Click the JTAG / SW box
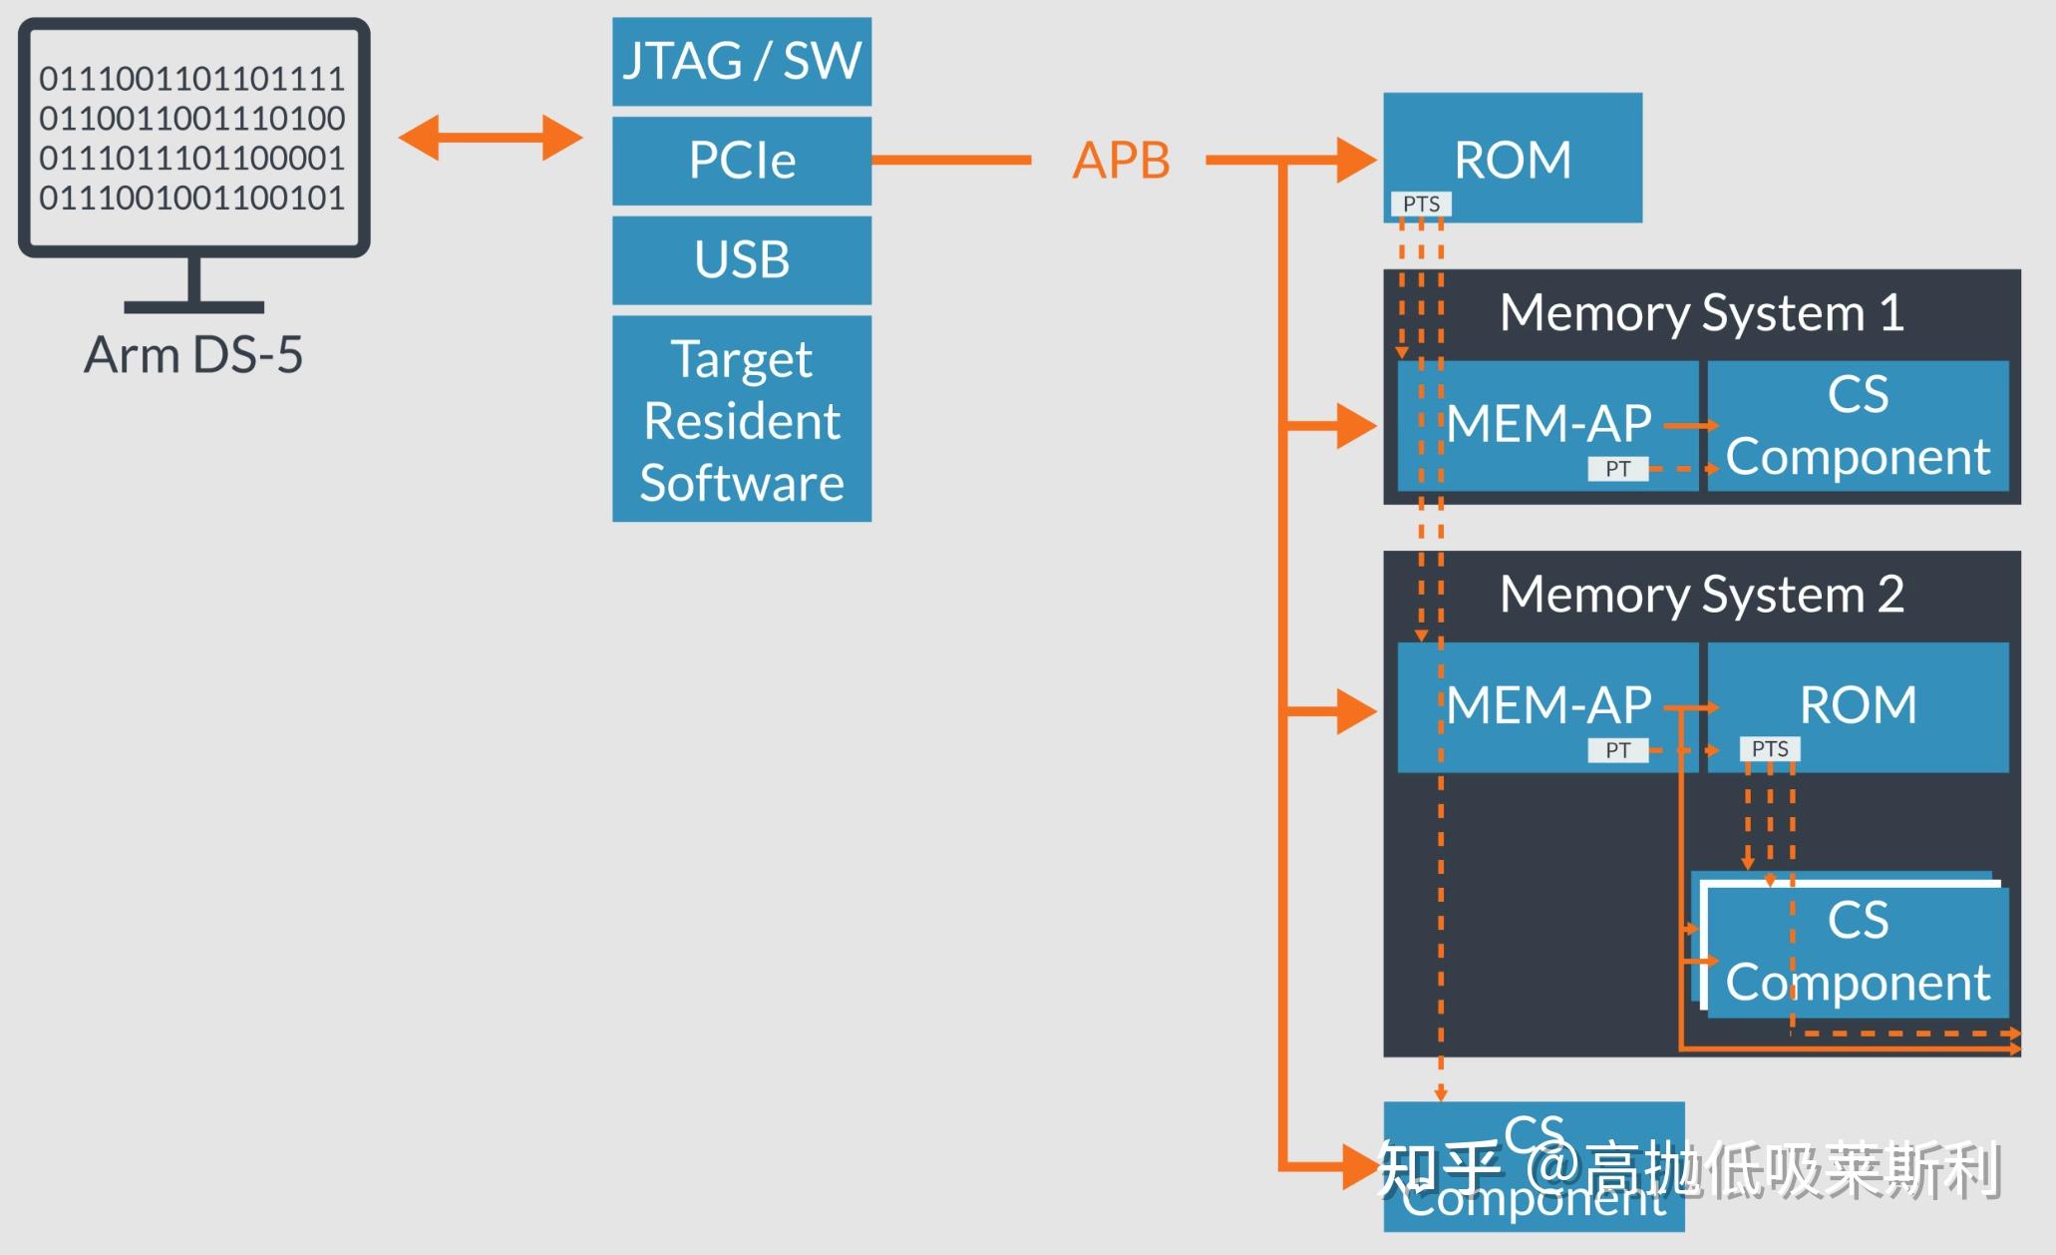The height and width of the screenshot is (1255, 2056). [741, 61]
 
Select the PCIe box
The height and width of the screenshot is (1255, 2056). [741, 161]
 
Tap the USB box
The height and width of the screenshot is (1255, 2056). [741, 259]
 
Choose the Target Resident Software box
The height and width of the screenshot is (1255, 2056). [741, 419]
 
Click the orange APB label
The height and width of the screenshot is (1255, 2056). [1121, 160]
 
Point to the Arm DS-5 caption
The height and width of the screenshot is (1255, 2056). [193, 354]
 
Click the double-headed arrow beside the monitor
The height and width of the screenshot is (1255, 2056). [490, 138]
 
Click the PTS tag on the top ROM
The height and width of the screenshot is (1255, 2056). [1421, 204]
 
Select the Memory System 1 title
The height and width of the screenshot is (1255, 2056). [1701, 313]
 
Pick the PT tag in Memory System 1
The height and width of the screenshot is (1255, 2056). [1617, 469]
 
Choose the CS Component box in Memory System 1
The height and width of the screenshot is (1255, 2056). [1857, 425]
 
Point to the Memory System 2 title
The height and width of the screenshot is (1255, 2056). [1701, 595]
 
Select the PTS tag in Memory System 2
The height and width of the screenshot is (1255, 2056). [1770, 748]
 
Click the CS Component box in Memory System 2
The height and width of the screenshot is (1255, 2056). [1857, 951]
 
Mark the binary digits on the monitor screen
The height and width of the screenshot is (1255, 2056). [192, 138]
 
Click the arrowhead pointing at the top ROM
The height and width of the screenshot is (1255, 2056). [1356, 160]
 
